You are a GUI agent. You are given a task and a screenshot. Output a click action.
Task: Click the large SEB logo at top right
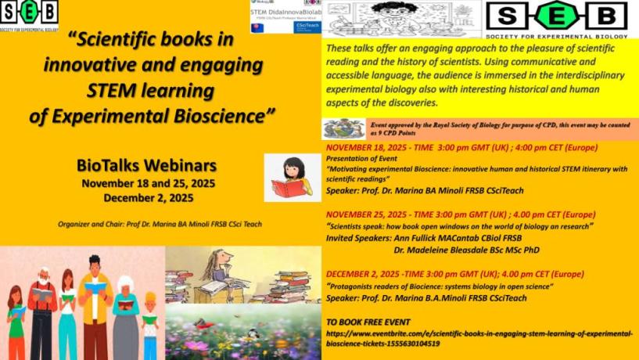(556, 16)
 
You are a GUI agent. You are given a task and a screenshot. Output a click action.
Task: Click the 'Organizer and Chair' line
(160, 224)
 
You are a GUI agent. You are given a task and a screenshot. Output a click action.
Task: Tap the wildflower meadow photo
(242, 333)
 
